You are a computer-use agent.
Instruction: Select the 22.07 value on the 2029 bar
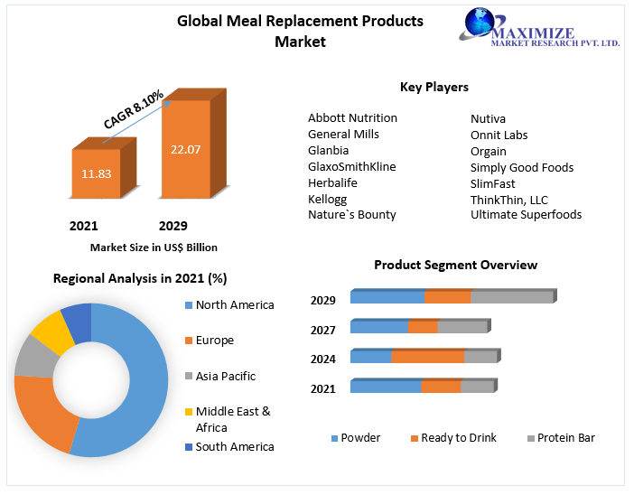pos(185,149)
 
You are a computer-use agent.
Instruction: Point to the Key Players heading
pos(434,88)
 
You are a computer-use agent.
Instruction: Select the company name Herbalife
pos(333,182)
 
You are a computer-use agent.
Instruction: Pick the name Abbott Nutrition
pos(352,117)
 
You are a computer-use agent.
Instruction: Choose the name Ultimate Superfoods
pos(526,215)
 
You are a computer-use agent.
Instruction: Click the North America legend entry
pos(234,305)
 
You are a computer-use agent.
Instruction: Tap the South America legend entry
pos(234,446)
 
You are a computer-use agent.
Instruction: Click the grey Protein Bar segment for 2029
pos(511,297)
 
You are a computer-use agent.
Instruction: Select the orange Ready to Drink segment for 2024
pos(427,357)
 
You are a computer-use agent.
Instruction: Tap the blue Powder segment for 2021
pos(386,387)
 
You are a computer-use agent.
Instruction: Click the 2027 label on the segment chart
pos(323,330)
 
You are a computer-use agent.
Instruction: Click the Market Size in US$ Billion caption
pos(154,247)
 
